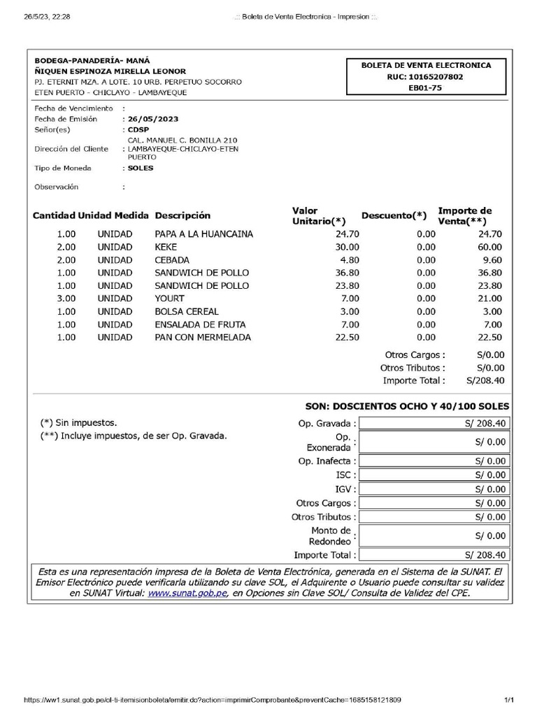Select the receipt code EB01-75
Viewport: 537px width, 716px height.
pos(425,88)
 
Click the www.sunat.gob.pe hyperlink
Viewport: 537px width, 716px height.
pos(187,593)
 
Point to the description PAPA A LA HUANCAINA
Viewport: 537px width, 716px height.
pos(203,234)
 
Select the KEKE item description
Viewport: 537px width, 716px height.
pos(166,247)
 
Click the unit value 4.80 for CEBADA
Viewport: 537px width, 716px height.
pos(347,260)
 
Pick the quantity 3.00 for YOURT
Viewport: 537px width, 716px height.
pos(66,299)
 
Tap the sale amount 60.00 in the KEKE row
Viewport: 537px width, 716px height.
pos(489,247)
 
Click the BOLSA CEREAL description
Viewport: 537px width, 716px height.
pos(187,311)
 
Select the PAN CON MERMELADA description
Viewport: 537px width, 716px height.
pos(203,337)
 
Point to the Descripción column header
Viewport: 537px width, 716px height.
pos(182,215)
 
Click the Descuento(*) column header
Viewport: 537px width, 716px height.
pos(394,215)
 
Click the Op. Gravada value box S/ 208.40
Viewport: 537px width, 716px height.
pos(434,423)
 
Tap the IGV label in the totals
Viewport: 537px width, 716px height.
pos(345,489)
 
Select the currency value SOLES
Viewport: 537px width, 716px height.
pos(141,168)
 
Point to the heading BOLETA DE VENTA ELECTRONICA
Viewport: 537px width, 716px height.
pos(426,65)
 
